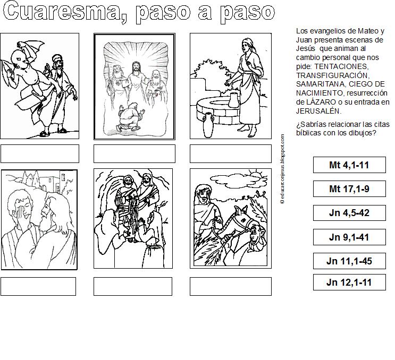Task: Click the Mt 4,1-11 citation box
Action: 349,165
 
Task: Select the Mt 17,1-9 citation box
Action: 349,188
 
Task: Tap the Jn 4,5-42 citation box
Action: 349,213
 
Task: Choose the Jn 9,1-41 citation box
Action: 349,237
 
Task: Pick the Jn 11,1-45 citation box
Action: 349,261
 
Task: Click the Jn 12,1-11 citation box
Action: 349,282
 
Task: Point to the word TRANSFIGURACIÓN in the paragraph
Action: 332,75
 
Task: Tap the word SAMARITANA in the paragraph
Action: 318,84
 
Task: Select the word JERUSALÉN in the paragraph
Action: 318,111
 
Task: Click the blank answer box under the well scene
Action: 231,153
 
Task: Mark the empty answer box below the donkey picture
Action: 231,286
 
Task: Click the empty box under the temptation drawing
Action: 40,153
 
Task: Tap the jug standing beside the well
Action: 208,125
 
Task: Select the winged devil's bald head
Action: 20,59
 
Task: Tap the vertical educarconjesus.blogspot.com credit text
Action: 282,168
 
